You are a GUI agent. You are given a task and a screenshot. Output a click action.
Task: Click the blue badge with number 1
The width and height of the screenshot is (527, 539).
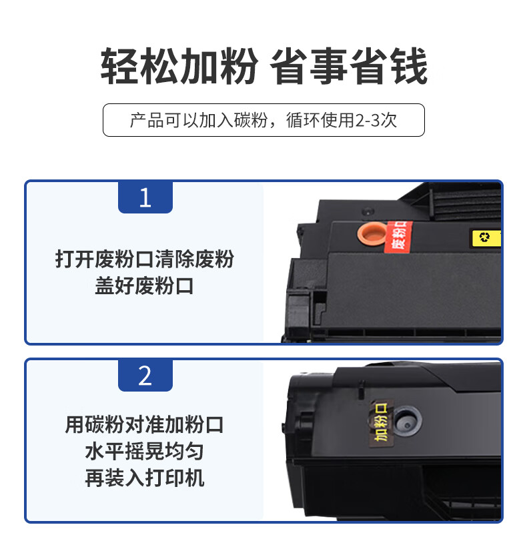coord(145,197)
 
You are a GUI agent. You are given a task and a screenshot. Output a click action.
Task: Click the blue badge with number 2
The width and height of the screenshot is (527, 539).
coord(145,375)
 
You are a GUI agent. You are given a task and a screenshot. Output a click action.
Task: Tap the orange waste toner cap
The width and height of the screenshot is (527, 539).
coord(372,233)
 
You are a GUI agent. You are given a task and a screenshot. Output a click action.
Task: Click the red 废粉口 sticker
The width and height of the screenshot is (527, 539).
coord(398,237)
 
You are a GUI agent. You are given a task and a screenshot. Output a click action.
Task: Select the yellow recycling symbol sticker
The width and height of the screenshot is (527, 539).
coord(486,238)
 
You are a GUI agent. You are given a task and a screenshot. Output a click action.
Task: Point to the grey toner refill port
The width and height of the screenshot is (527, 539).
coord(407,421)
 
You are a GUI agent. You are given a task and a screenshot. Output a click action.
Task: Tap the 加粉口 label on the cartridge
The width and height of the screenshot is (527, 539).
coord(382,423)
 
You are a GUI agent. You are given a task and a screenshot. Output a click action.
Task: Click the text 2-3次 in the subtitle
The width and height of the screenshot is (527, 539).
coord(376,120)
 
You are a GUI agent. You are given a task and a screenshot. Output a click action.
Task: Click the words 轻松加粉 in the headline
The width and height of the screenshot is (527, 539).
coord(179,66)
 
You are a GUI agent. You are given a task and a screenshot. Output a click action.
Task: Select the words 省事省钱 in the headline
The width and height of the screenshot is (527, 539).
coord(349,66)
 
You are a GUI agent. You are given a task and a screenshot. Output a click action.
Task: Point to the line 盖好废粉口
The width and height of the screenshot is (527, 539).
coord(144,286)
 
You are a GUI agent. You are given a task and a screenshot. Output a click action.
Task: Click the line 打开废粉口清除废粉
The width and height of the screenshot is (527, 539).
coord(144,259)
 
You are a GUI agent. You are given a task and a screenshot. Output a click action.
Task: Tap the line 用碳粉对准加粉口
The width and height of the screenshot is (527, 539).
coord(144,424)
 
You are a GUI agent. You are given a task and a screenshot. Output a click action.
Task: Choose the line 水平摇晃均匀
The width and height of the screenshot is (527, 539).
coord(144,452)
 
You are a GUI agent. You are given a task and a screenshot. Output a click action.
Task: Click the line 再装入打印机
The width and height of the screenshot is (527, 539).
coord(144,478)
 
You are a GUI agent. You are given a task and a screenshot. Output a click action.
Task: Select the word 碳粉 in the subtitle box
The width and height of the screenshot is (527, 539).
coord(251,120)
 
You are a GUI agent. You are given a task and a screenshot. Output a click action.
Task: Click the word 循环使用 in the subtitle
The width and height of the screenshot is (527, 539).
coord(320,120)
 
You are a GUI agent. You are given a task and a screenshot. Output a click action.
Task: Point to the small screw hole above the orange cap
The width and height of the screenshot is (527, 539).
coord(368,211)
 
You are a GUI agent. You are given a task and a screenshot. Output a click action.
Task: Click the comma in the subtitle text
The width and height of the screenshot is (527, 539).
coord(274,125)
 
